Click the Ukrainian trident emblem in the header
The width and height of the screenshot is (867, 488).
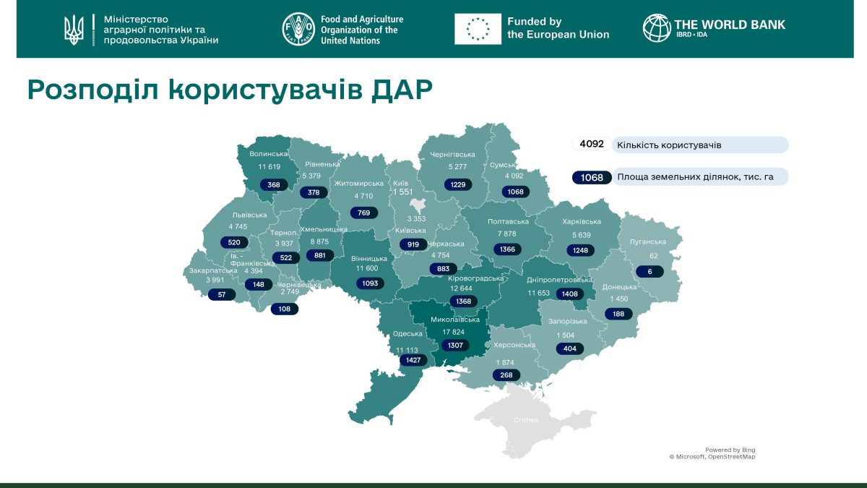[x=74, y=30]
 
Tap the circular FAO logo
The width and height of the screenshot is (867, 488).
[x=298, y=30]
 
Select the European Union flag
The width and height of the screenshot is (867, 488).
[x=478, y=30]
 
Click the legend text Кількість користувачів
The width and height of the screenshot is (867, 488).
[x=668, y=145]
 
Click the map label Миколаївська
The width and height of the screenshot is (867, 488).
[x=455, y=320]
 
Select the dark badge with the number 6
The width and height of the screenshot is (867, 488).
[x=650, y=272]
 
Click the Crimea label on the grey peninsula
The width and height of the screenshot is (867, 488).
[x=525, y=420]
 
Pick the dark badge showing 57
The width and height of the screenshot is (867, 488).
[x=221, y=295]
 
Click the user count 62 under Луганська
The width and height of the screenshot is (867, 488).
[x=653, y=255]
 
